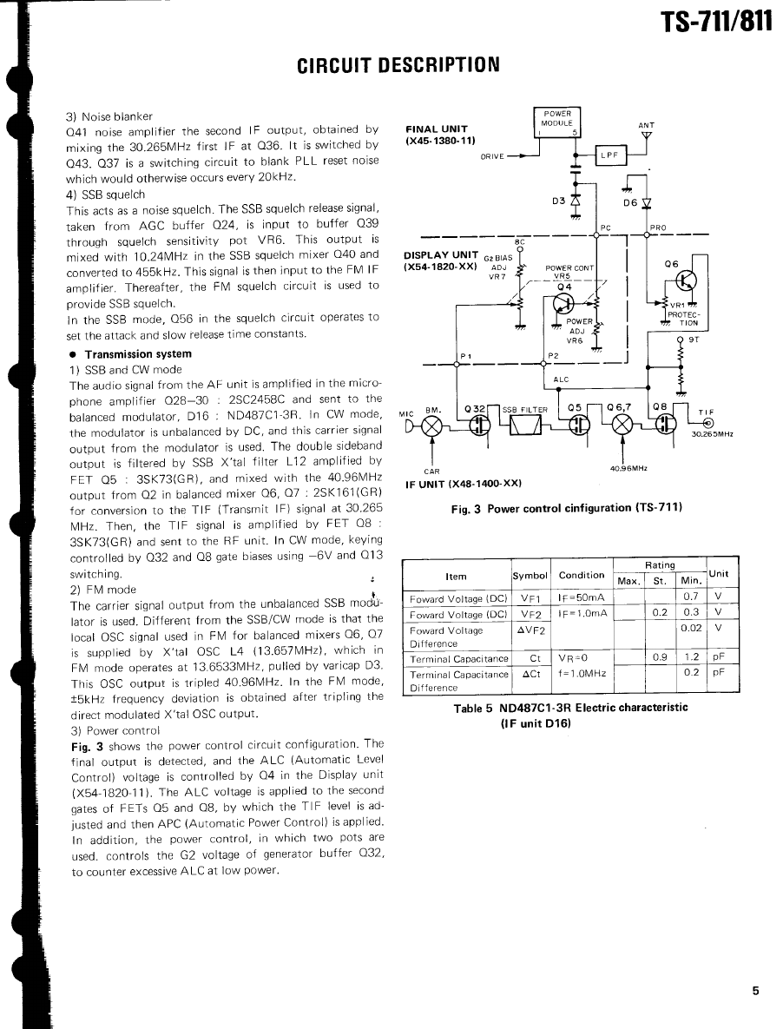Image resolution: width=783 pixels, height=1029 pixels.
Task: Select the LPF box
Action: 610,155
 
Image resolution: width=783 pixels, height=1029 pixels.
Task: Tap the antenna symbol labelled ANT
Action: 646,135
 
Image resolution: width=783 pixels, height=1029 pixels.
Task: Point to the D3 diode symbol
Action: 575,201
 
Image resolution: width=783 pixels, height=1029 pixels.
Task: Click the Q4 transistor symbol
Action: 565,303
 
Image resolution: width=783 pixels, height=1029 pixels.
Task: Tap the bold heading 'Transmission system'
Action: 137,354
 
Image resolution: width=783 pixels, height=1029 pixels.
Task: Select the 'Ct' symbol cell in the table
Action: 534,659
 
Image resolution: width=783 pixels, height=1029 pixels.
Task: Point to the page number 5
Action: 755,991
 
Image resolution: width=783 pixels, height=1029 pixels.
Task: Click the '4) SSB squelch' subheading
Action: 106,195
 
